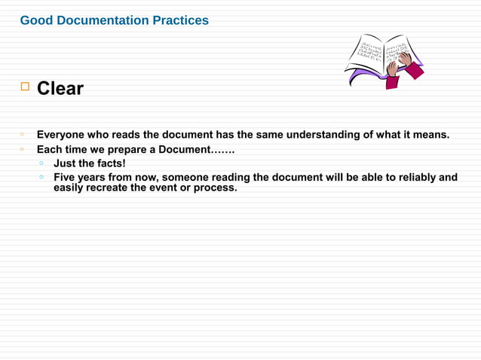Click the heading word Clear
(60, 89)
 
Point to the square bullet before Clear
(24, 88)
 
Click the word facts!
(110, 163)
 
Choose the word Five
(66, 178)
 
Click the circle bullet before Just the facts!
(41, 163)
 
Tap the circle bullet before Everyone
(24, 134)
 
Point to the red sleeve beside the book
(414, 71)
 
